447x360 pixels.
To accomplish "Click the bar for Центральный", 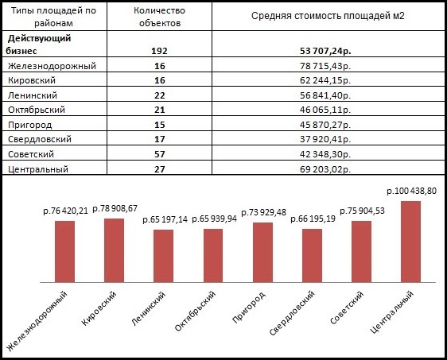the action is click(410, 242).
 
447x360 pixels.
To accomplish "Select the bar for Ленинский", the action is click(163, 256).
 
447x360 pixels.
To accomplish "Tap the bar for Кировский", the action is click(114, 250).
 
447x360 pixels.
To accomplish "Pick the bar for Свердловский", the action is click(312, 256).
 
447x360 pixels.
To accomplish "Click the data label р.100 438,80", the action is click(411, 191).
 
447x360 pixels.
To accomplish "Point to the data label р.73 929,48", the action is click(264, 212).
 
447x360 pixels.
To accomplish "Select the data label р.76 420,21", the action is click(65, 211).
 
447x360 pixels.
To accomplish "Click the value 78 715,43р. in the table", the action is click(325, 66).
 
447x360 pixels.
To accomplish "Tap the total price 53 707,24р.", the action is click(325, 51).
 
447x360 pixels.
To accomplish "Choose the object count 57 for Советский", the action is click(160, 154).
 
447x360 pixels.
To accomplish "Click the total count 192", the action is click(159, 51).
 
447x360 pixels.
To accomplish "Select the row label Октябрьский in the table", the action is click(37, 110).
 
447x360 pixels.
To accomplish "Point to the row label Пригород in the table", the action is click(30, 125).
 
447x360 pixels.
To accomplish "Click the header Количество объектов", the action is click(160, 17).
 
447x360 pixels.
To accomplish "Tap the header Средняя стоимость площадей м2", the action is click(328, 16).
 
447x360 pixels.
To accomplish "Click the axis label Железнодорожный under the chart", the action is click(37, 321).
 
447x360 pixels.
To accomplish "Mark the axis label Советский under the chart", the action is click(347, 308).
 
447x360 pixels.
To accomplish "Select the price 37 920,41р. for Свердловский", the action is click(325, 139).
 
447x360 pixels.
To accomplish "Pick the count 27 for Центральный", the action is click(160, 169).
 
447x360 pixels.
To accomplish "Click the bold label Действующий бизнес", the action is click(38, 45).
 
